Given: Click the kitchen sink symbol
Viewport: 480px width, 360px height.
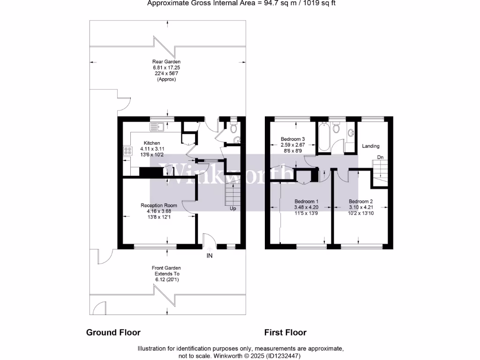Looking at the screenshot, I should coord(156,126).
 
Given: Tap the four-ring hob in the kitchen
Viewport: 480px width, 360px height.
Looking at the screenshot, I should coord(127,151).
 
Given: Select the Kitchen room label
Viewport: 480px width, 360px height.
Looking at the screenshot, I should coord(152,143).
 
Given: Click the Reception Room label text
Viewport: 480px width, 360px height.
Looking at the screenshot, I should coord(159,205).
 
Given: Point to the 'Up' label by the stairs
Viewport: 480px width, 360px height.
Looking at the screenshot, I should coord(232,209).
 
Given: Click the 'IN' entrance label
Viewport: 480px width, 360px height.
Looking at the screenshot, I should coord(210,256).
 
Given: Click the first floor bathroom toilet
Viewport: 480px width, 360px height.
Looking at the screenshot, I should coord(336,128).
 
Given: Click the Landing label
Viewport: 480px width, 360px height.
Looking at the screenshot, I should coord(371,146).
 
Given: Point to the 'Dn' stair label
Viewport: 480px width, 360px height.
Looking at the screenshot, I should coord(381,157).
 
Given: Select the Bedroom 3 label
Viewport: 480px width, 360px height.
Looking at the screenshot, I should coord(293,139).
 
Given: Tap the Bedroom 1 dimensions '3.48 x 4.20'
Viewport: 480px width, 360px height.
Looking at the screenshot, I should coord(306,207).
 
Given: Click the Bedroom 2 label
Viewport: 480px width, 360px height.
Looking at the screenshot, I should coord(361,201).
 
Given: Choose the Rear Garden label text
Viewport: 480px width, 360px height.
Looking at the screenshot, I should coord(166,62).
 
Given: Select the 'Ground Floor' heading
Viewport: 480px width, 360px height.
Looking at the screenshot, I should coord(113,332).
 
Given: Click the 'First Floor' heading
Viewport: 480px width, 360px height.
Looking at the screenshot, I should coord(285,332).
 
